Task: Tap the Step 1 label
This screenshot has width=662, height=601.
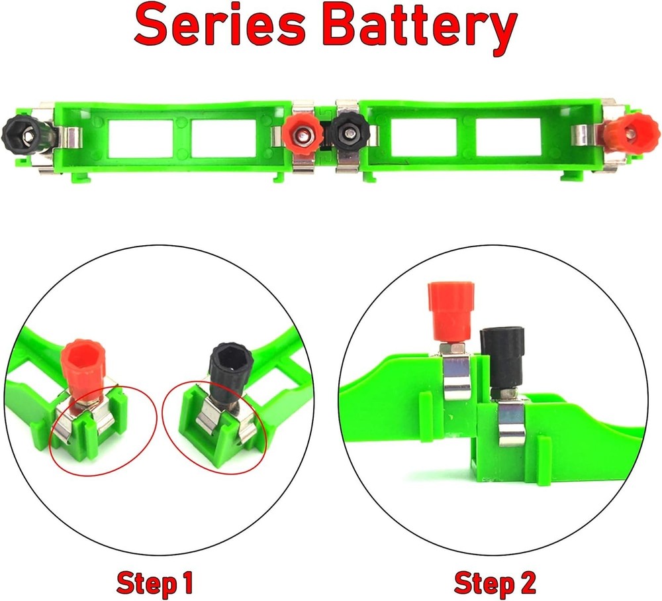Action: (156, 583)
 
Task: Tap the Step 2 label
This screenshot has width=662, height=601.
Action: (495, 583)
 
